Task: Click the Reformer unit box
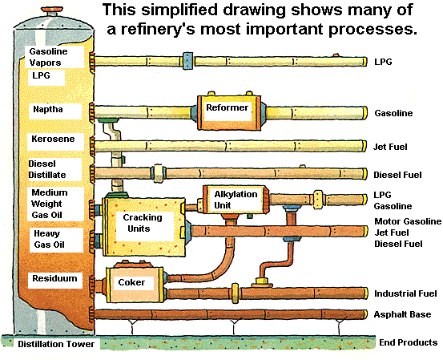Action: [x=228, y=112]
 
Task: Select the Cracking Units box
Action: [x=143, y=227]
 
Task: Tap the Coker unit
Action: [x=135, y=284]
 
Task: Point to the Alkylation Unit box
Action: [x=236, y=200]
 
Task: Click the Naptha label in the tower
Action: [x=48, y=109]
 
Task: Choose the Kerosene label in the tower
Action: [x=53, y=139]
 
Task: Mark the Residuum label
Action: [x=54, y=278]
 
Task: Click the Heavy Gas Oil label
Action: [x=49, y=239]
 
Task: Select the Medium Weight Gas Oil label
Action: [x=50, y=204]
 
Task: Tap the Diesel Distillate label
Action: [x=47, y=169]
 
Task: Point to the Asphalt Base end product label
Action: [x=402, y=314]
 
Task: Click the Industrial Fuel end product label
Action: [x=405, y=293]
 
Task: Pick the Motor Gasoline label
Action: [x=408, y=221]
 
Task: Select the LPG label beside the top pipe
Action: [x=383, y=62]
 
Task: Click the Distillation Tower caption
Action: [x=56, y=344]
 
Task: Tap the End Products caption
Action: [x=409, y=342]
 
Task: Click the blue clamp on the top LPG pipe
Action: [x=188, y=61]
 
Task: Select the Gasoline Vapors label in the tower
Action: [x=48, y=57]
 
